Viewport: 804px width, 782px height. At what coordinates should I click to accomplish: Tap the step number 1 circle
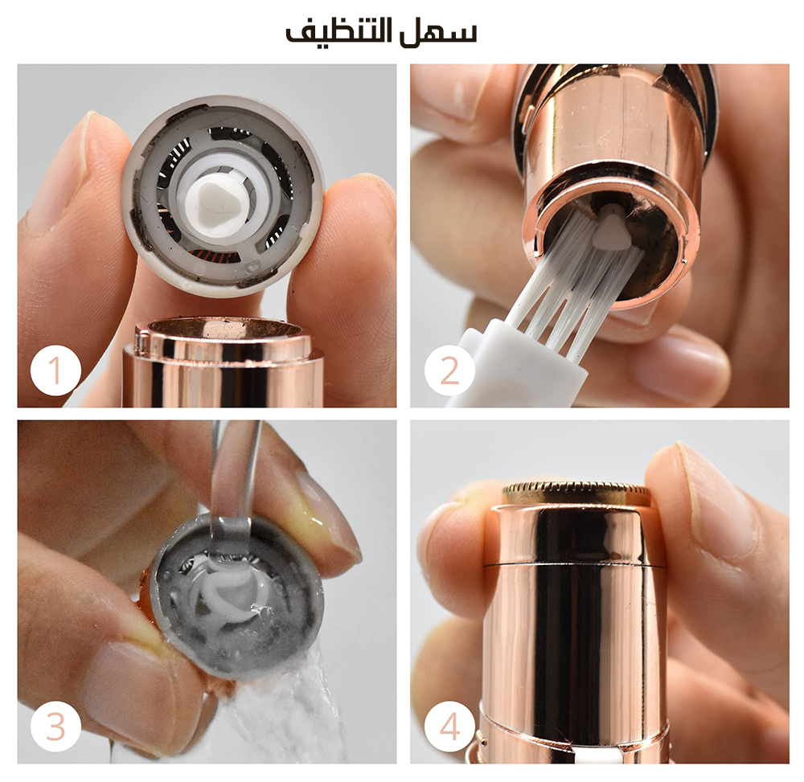coord(55,370)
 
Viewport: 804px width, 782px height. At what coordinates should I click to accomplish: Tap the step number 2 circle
coord(449,370)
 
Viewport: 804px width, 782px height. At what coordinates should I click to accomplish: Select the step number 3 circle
coord(55,727)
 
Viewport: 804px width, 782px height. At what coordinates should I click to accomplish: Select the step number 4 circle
coord(449,727)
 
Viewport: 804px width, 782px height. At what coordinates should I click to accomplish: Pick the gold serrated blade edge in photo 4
coord(576,492)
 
